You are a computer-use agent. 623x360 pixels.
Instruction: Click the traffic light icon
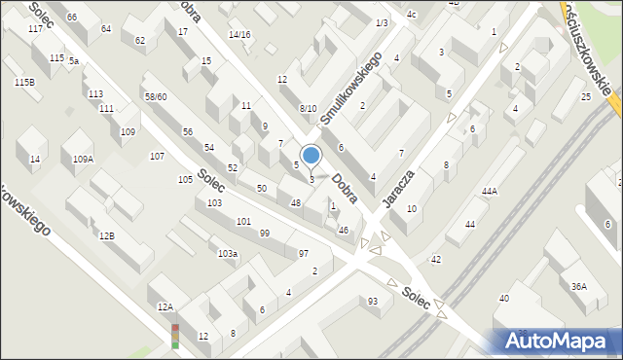[175, 336]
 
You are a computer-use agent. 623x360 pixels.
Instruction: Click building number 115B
[24, 82]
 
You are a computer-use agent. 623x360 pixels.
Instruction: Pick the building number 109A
[83, 159]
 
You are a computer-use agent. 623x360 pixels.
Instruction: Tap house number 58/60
[156, 97]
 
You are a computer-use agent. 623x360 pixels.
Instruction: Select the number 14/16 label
[239, 35]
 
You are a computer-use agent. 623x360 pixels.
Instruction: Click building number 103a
[228, 253]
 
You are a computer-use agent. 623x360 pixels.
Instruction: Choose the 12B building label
[106, 235]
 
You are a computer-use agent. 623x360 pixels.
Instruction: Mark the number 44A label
[489, 192]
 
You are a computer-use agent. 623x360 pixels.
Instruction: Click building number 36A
[579, 286]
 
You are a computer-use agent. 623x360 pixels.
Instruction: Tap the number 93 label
[372, 301]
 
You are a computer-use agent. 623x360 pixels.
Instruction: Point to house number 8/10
[308, 108]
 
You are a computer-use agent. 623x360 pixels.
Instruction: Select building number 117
[35, 29]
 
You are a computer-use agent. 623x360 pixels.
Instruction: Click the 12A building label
[165, 306]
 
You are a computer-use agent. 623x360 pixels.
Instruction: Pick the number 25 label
[586, 97]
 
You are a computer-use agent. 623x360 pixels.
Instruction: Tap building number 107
[157, 156]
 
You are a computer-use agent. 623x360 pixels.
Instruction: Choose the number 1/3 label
[381, 22]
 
